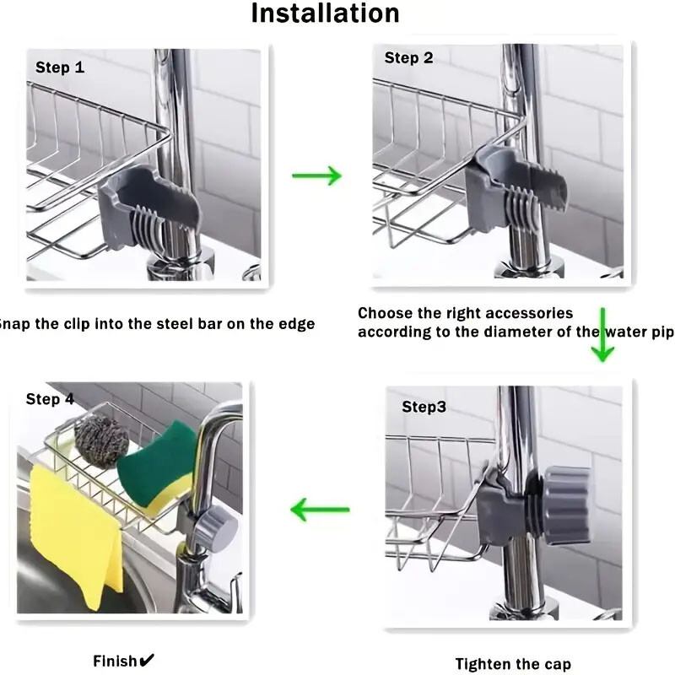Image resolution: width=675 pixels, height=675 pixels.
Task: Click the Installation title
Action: (325, 13)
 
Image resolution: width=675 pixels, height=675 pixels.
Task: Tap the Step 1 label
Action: (60, 67)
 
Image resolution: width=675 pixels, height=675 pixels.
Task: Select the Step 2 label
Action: (408, 57)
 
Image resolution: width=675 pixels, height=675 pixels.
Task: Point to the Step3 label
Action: (424, 407)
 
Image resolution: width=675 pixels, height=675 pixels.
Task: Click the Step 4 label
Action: (56, 399)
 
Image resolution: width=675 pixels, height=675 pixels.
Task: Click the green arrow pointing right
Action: (316, 175)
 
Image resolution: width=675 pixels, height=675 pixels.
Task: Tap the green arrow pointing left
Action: (320, 510)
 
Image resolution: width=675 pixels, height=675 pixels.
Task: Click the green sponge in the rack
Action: (156, 468)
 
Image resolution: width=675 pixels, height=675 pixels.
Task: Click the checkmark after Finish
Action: (147, 660)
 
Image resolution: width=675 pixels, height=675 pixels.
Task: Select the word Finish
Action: (116, 661)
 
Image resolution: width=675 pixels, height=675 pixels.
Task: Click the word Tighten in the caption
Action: (488, 664)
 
